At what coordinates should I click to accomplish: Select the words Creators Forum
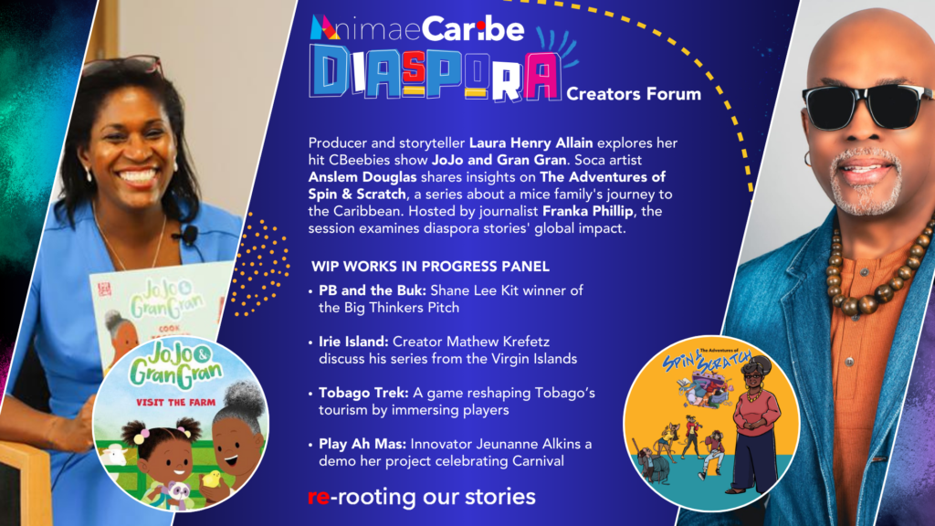[x=634, y=93]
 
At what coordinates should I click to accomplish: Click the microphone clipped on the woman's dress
[x=190, y=235]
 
